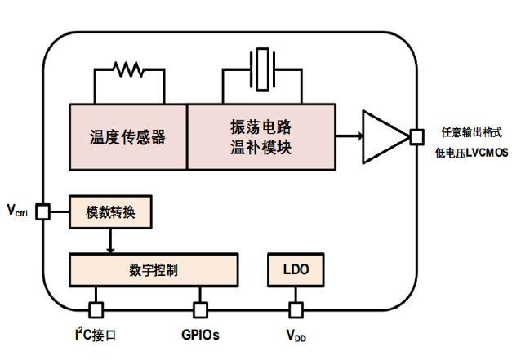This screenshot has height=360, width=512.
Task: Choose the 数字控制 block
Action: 154,269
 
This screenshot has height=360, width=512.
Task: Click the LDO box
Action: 296,269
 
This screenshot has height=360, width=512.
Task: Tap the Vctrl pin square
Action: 42,213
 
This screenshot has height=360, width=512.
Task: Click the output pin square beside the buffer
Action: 416,136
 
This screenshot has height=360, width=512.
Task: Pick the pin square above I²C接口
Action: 96,309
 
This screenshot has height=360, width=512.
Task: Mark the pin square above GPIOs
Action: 200,309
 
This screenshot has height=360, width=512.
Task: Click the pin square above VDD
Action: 296,309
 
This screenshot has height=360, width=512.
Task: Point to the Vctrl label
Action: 18,211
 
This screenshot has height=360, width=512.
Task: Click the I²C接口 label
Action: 95,335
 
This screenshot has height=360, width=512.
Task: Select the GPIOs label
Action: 200,335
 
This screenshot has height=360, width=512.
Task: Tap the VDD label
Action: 296,336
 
